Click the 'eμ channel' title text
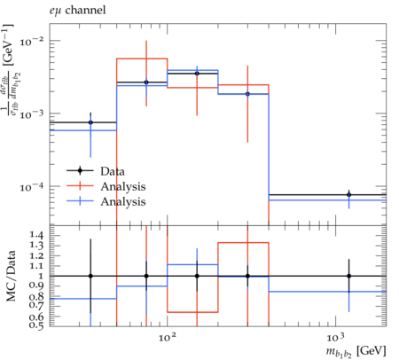click(77, 11)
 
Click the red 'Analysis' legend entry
click(106, 186)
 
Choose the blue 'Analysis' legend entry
click(106, 201)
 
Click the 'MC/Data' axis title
click(12, 276)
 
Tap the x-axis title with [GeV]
click(356, 352)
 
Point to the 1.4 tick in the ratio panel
click(37, 236)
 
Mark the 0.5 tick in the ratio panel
click(37, 325)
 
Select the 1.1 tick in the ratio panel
click(37, 266)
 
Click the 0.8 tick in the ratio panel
click(37, 296)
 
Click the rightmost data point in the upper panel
click(348, 195)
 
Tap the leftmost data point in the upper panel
click(90, 122)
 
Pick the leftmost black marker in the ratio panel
click(90, 276)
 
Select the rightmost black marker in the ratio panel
click(348, 276)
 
